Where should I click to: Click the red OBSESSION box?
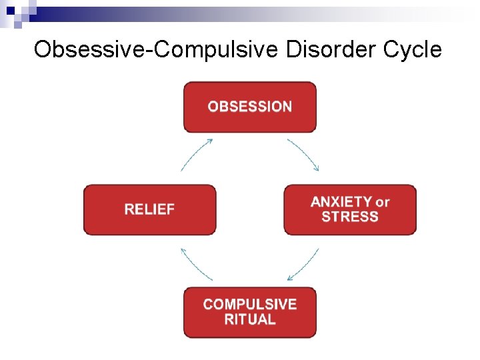click(x=249, y=107)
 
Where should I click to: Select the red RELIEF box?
click(x=149, y=209)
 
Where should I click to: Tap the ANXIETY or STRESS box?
click(x=350, y=209)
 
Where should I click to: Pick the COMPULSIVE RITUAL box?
click(x=249, y=312)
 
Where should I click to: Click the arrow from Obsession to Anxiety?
click(x=305, y=153)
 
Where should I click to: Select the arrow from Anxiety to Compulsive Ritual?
click(x=303, y=265)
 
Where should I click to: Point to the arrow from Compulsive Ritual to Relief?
click(x=195, y=265)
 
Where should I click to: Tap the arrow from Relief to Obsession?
click(x=196, y=153)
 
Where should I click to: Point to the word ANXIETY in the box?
click(x=341, y=202)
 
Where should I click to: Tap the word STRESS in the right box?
click(x=350, y=217)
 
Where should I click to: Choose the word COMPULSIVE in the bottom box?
click(x=249, y=305)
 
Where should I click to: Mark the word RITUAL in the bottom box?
click(x=249, y=319)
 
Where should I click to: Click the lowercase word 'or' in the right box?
click(x=383, y=202)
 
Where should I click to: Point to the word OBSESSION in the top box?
click(x=249, y=107)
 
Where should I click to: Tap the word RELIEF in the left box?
click(x=149, y=209)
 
